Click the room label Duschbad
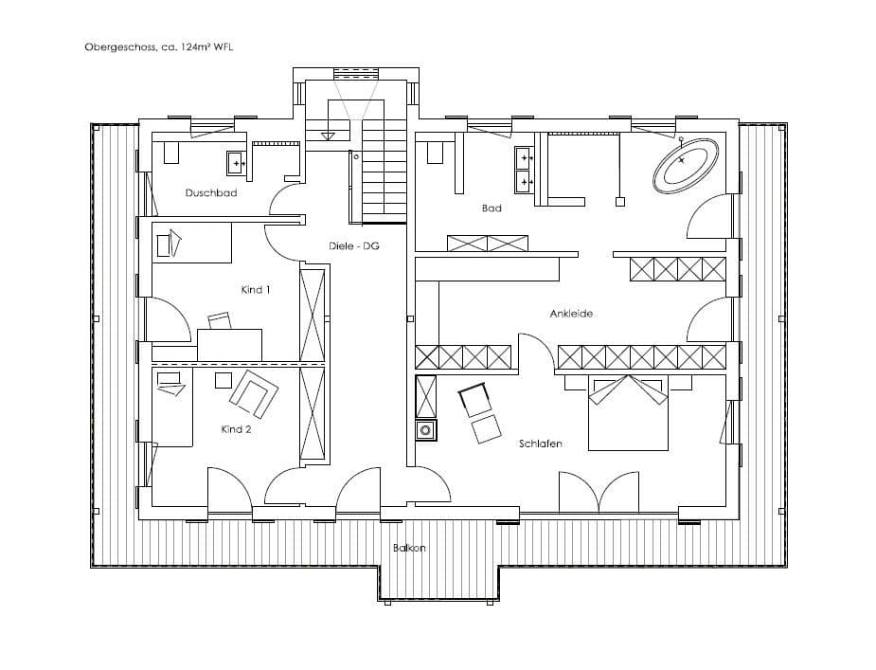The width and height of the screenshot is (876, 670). click(210, 193)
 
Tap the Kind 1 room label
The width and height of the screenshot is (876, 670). click(256, 289)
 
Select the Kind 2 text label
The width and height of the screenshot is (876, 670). click(236, 429)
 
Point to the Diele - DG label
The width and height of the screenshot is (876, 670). click(353, 245)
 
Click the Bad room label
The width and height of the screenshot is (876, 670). click(492, 208)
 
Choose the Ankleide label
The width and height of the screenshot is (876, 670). click(571, 314)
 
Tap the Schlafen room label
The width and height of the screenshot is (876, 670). click(542, 444)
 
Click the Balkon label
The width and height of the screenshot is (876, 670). click(409, 548)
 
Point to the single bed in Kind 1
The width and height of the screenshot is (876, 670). click(192, 243)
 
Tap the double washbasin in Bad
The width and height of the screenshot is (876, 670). click(525, 169)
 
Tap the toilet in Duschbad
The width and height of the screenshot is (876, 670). click(170, 151)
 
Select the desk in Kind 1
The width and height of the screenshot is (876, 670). click(229, 343)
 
